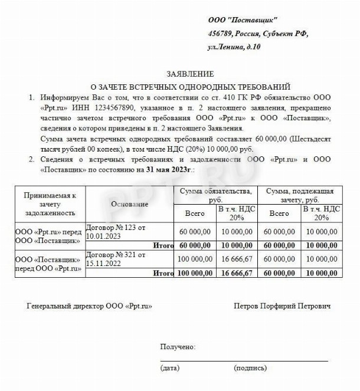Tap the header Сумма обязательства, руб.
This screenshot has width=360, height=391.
[x=217, y=195]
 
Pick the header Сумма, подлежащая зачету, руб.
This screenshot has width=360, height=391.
[x=300, y=195]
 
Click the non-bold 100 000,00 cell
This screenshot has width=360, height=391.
[x=195, y=259]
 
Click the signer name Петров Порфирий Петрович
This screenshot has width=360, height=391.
[x=282, y=307]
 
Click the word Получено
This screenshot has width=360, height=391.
[x=178, y=347]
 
